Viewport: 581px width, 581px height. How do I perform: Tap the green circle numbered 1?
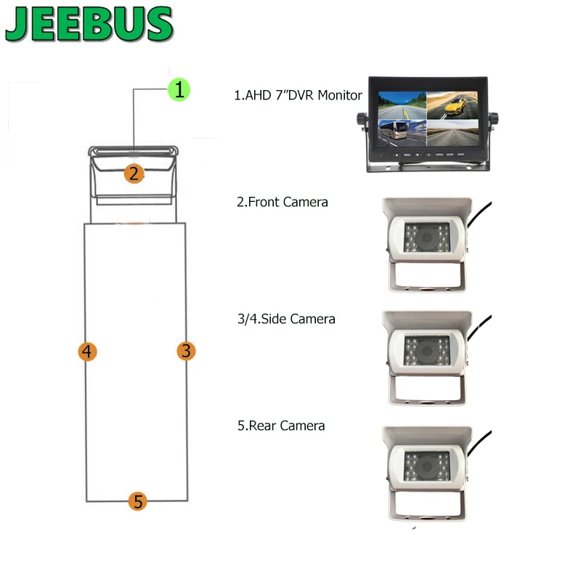[x=179, y=90]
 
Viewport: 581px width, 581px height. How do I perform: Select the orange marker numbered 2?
[x=133, y=174]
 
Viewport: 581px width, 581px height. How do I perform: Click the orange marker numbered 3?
[x=187, y=352]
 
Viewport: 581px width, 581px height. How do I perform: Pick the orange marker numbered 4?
[x=87, y=352]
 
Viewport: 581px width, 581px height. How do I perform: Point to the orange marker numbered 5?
[x=138, y=501]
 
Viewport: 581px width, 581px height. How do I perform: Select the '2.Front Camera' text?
[x=283, y=202]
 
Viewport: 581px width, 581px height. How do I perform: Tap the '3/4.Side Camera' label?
[x=286, y=318]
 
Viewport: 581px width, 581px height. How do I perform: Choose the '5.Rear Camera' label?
[x=281, y=426]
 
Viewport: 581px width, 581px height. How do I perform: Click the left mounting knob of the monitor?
[x=359, y=120]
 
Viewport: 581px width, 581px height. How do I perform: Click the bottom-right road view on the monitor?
[x=455, y=136]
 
